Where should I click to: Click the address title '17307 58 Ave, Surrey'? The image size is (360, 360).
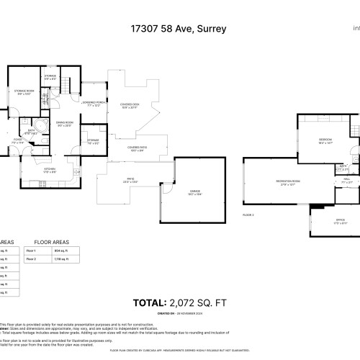(x=179, y=29)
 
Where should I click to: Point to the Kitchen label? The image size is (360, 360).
(x=50, y=171)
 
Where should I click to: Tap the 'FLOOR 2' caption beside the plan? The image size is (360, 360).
(x=248, y=215)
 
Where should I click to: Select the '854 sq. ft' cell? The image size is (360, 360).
(x=60, y=250)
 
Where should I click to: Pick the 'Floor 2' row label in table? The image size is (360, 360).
(x=31, y=258)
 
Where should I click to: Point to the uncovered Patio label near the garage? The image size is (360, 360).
(x=130, y=180)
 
